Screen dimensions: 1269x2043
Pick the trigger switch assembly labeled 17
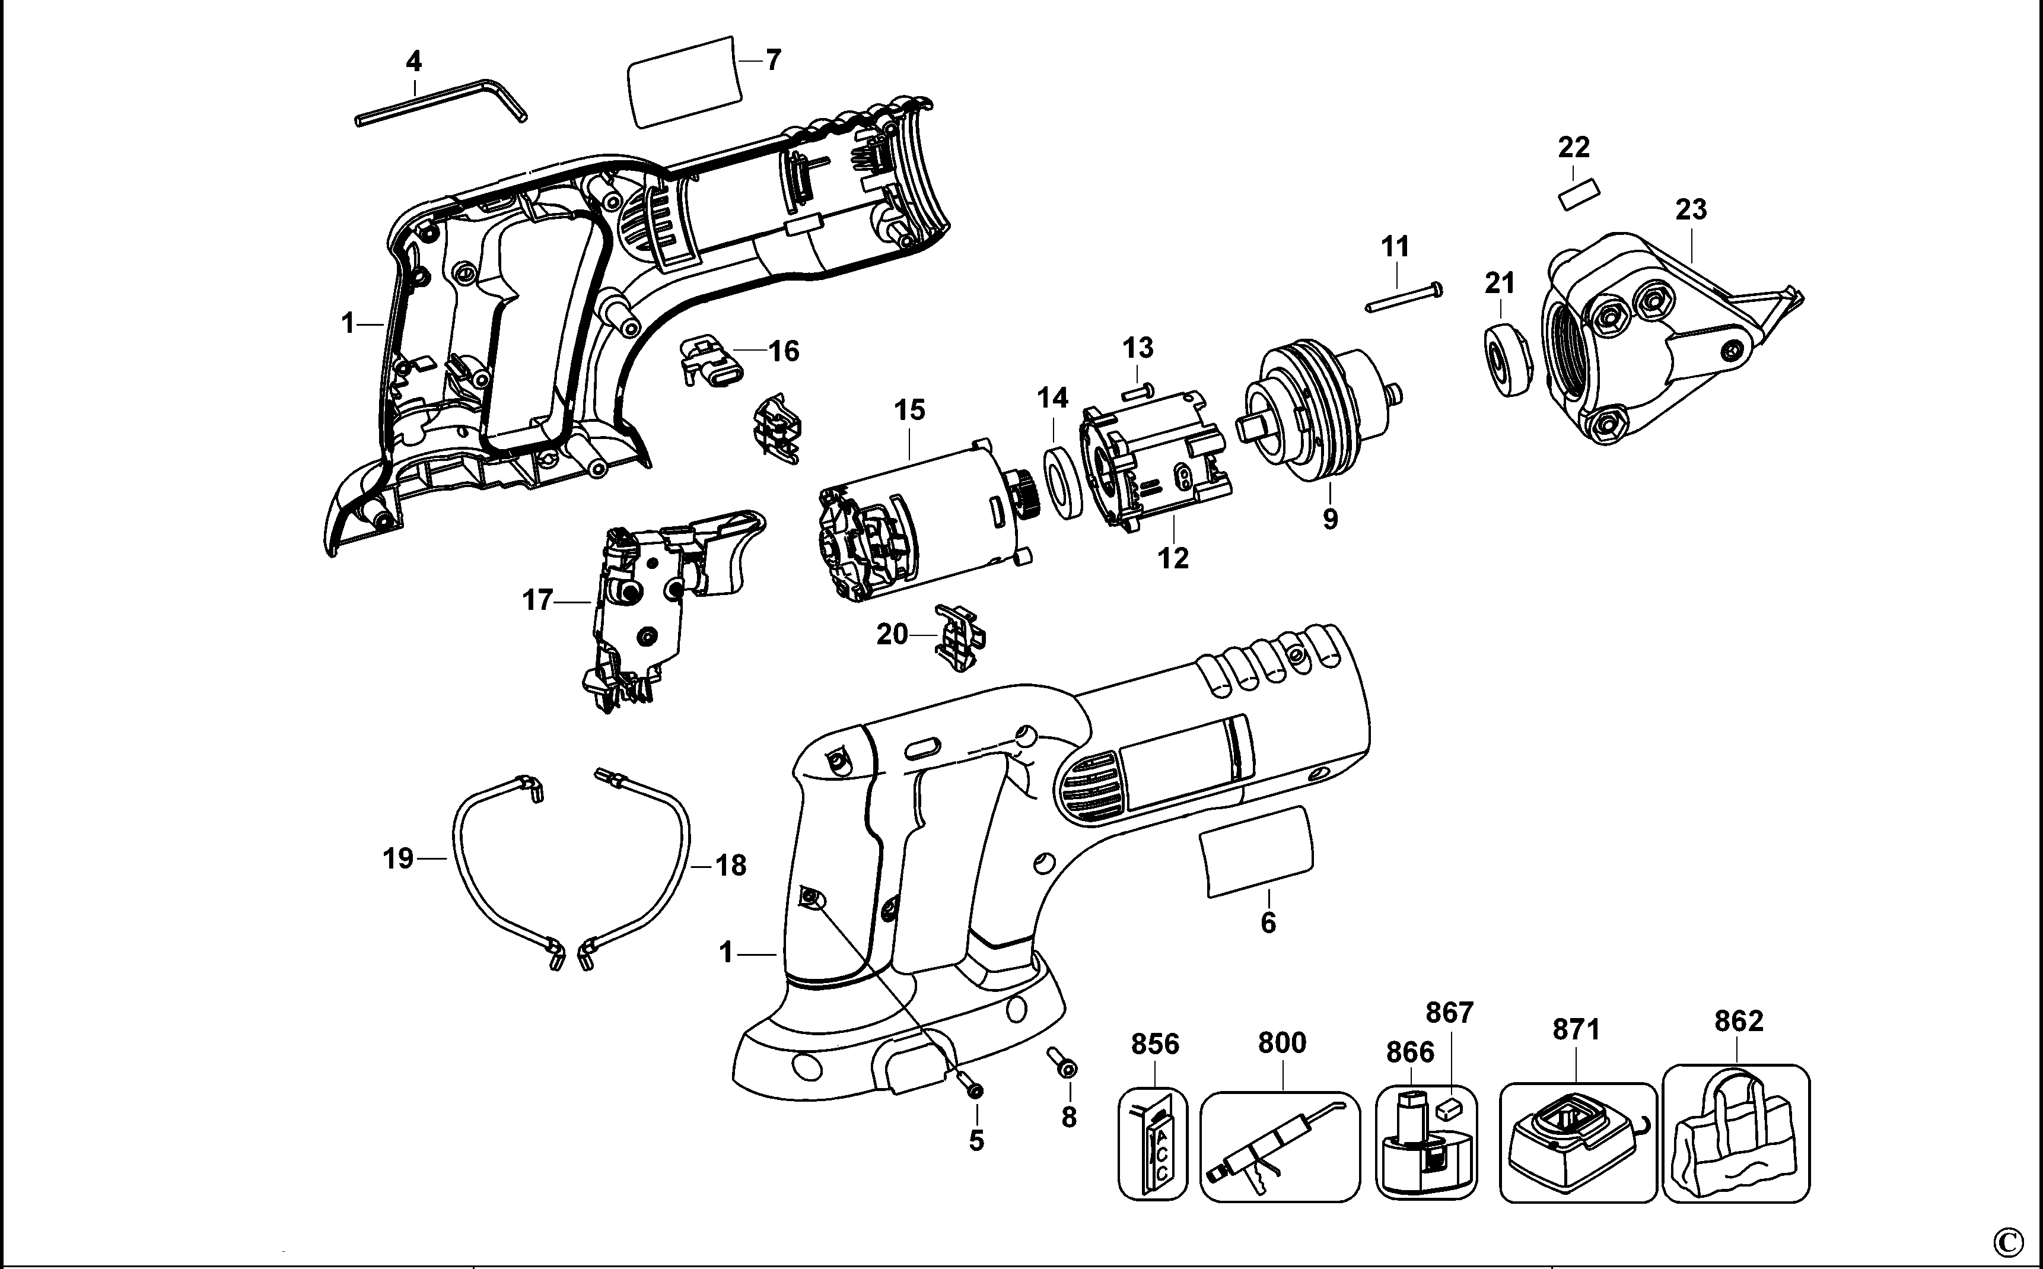click(x=646, y=613)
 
